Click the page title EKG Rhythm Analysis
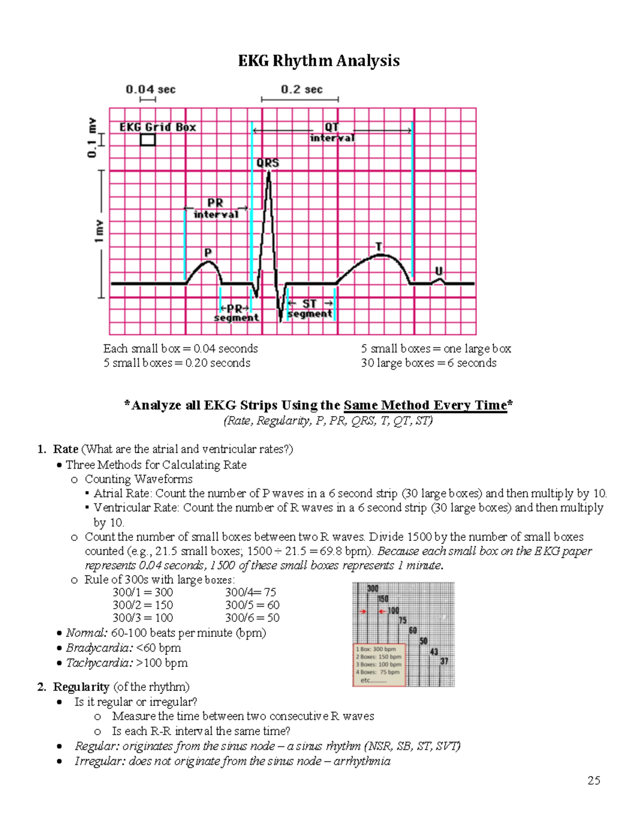[318, 61]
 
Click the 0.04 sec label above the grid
[150, 89]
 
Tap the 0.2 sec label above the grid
[301, 89]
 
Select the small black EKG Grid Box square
[147, 140]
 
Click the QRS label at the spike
[267, 163]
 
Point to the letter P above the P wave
[208, 252]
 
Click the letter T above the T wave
[379, 246]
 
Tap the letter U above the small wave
[439, 271]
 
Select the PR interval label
[215, 208]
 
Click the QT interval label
[332, 132]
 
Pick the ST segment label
[310, 309]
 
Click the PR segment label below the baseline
[236, 313]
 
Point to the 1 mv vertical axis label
[99, 232]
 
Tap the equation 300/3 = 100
[142, 618]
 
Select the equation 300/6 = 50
[252, 618]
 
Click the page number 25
[594, 780]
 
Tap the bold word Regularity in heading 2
[81, 687]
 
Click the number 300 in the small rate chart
[373, 589]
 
